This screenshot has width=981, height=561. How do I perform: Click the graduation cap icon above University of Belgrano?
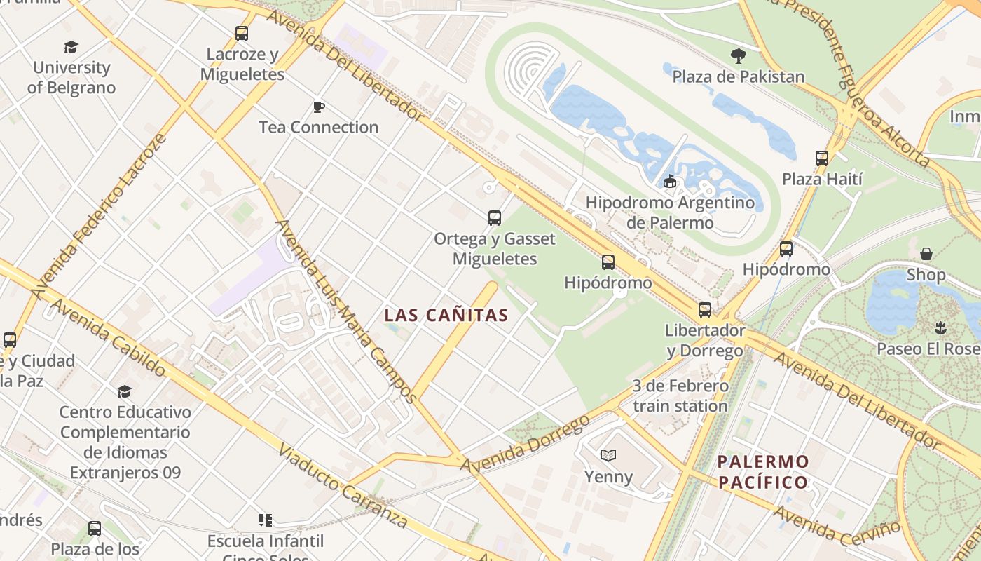71,47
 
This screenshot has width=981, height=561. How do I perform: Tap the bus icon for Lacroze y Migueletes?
242,33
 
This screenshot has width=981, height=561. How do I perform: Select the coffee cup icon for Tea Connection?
319,107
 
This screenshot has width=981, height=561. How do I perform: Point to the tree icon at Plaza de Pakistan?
738,56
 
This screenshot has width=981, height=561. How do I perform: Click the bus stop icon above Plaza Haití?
822,158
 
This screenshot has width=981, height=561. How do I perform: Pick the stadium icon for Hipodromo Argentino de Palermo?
670,182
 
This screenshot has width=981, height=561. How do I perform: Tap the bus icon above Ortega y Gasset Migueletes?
495,217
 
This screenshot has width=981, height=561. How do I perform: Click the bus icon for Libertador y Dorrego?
705,309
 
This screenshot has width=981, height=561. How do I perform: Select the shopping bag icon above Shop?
926,254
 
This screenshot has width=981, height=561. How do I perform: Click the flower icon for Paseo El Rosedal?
940,327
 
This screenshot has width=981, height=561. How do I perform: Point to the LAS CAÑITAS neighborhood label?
446,316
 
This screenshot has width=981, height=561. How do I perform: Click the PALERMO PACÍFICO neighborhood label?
763,472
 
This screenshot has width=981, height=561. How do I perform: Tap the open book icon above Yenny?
608,456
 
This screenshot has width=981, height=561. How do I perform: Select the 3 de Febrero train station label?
680,396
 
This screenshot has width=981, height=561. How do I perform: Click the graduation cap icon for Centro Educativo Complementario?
125,391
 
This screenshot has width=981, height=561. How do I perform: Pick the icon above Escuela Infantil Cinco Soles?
266,520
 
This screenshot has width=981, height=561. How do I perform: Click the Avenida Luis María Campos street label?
345,311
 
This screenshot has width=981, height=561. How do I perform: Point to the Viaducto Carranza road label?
343,486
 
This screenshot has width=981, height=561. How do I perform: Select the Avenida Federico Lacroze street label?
98,214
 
